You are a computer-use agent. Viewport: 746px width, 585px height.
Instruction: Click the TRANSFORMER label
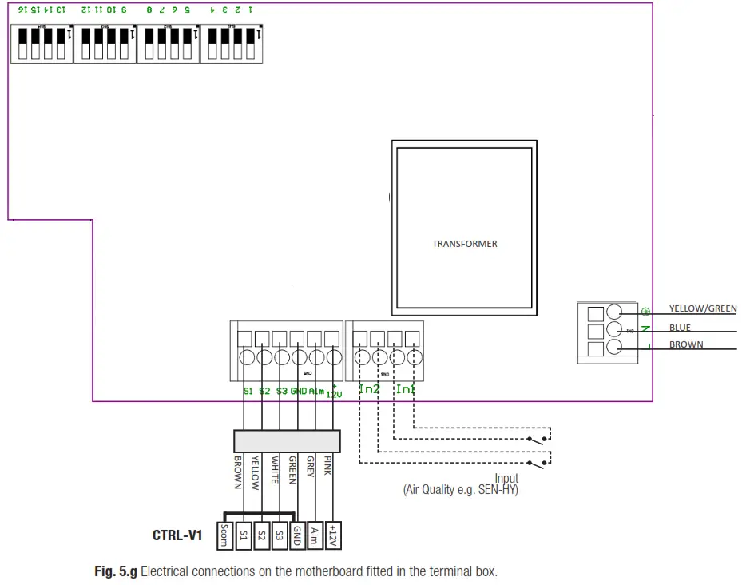464,244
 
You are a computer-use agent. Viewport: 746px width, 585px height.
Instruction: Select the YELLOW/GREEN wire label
703,308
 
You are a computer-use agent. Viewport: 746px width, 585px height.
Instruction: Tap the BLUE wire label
680,328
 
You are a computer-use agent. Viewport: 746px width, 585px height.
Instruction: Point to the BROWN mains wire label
686,345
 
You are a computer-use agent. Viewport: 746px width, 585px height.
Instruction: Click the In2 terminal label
370,389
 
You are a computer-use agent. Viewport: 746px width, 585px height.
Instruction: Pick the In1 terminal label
406,389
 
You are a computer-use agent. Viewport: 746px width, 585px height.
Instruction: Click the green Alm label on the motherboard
315,391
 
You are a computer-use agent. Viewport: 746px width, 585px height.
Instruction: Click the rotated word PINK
327,466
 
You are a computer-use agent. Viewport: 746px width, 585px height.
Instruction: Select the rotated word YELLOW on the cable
256,472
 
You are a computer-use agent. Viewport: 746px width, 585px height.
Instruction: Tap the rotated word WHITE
274,470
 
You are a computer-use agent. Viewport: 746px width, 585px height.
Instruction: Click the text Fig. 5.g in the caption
116,571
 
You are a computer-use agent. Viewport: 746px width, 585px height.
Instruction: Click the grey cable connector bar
286,440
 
